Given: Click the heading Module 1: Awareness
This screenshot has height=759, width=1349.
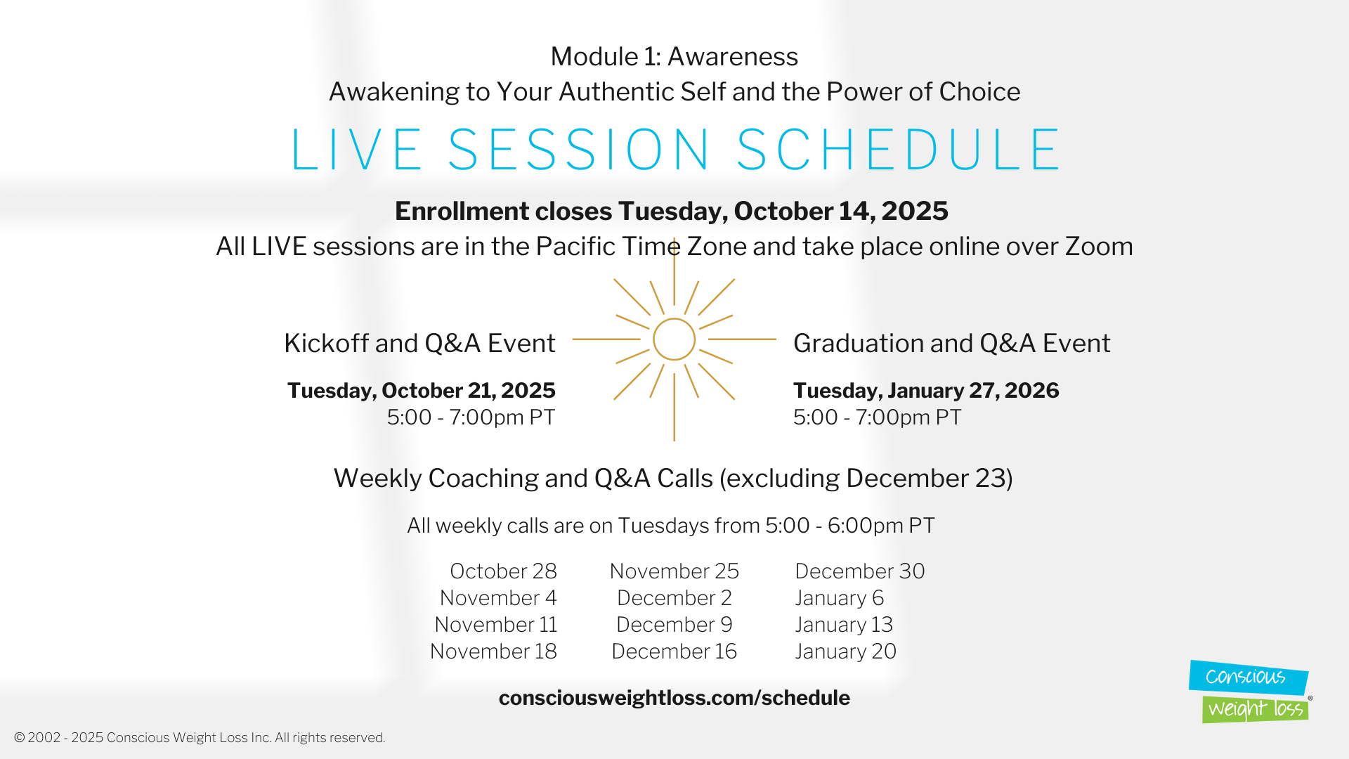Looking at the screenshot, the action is (674, 56).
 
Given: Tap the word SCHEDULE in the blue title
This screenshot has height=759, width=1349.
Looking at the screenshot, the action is (899, 150).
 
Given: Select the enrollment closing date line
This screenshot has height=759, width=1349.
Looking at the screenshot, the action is (672, 212).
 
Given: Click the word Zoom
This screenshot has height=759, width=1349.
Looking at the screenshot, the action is (1099, 247).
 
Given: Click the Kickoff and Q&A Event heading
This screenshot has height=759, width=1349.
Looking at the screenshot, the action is (419, 344).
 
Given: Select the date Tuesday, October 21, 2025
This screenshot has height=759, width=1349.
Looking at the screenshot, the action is (422, 391).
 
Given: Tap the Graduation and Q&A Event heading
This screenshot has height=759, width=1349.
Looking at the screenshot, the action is (952, 344).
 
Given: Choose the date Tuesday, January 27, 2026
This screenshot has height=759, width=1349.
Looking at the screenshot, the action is (926, 391).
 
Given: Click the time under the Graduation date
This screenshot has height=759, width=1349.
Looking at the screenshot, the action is (878, 417).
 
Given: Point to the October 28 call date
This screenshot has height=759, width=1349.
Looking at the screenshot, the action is (503, 571).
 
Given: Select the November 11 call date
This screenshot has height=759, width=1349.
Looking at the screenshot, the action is (495, 625).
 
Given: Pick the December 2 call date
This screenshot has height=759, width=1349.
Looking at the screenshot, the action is (674, 598).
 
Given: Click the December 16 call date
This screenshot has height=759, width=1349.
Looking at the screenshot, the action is (674, 651).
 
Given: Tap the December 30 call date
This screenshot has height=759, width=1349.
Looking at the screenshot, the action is (860, 571).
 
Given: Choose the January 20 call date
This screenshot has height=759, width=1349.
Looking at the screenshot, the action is (846, 651).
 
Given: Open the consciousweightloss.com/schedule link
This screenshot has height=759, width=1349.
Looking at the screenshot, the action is (674, 698).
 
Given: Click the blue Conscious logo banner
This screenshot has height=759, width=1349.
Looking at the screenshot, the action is (1248, 677).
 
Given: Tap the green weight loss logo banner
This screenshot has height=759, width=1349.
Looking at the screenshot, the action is (1256, 709).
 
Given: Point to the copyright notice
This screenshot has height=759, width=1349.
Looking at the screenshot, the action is (200, 738).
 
